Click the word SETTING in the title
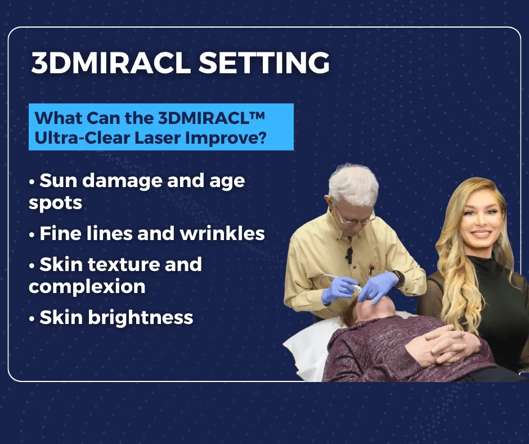pos(264,63)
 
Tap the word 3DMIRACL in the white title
pos(111,63)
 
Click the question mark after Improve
pos(262,137)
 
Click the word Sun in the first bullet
pos(59,180)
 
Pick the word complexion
pos(87,287)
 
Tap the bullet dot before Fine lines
pos(32,234)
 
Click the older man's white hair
pos(353,184)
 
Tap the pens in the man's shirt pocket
pos(371,269)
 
